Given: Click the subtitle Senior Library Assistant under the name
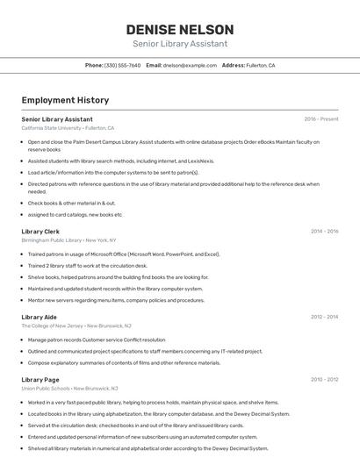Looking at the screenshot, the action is (x=179, y=43).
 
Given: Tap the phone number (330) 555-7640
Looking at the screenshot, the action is (x=122, y=65).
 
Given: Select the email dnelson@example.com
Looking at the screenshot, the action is (x=190, y=65).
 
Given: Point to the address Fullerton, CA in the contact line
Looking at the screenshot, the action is (x=260, y=65).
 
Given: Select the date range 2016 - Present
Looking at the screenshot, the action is (x=321, y=118).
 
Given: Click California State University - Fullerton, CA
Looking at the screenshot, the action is (x=68, y=128).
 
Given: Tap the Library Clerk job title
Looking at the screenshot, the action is (x=40, y=231).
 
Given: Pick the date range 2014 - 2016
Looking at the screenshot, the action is (x=324, y=231).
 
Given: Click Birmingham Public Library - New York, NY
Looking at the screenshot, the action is (x=68, y=240).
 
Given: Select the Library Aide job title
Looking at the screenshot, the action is (x=40, y=317).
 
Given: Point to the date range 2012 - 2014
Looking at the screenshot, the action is (x=324, y=317).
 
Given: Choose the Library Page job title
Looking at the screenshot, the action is (x=40, y=379).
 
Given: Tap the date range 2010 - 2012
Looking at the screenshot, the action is (x=324, y=379).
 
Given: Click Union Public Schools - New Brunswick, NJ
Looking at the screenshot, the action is (x=69, y=388).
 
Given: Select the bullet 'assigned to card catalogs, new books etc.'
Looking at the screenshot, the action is (x=76, y=214).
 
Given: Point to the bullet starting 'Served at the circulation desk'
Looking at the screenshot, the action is (x=135, y=425).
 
